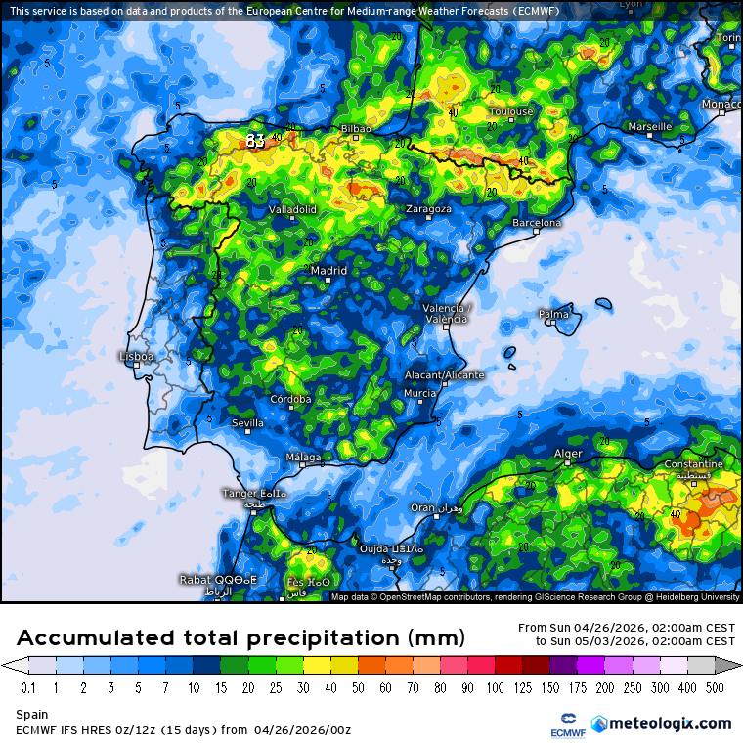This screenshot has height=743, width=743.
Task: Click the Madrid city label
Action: pos(329,271)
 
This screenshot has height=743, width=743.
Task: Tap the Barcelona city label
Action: pos(537,223)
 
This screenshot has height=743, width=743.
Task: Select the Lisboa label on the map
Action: pos(136,357)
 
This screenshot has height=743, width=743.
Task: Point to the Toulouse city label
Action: pos(510,111)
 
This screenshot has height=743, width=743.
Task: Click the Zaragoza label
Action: pos(428,208)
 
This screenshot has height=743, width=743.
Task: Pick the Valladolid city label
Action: pos(292,209)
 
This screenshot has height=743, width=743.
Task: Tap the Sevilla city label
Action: pos(247,423)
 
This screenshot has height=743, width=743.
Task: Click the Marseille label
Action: pos(649,127)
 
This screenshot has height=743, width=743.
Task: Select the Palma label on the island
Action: pos(553,314)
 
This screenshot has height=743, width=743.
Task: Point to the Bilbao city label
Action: pos(356,129)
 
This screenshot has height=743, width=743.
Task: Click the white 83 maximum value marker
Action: pos(255,141)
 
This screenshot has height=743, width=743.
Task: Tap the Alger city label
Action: pos(568,454)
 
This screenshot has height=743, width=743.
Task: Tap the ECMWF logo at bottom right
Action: pos(561,723)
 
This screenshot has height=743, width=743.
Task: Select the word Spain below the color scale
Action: pos(31,715)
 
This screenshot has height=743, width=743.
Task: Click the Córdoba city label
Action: pos(291,399)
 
